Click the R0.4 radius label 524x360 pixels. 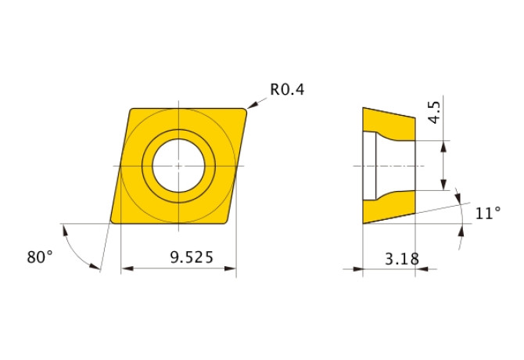click(287, 89)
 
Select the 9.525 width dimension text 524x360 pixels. click(192, 257)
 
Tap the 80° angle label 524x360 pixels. click(40, 257)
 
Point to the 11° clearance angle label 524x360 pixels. click(487, 213)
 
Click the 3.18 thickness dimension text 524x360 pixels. click(402, 259)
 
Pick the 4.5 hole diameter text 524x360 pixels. click(434, 113)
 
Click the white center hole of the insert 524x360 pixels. click(178, 166)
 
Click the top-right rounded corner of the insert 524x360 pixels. click(244, 111)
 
